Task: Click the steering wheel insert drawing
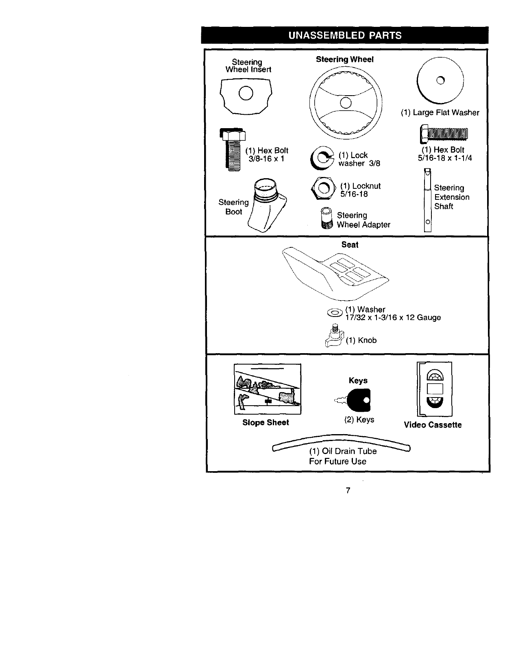point(246,96)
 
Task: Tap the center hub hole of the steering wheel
point(346,103)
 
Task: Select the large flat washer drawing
point(440,80)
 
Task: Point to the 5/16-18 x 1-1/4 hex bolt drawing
point(444,133)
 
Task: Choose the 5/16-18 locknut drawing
point(324,189)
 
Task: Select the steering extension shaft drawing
point(427,201)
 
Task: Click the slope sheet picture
point(267,389)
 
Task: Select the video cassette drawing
point(434,389)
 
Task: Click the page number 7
point(348,490)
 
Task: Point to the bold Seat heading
point(350,245)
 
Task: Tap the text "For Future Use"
point(337,461)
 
